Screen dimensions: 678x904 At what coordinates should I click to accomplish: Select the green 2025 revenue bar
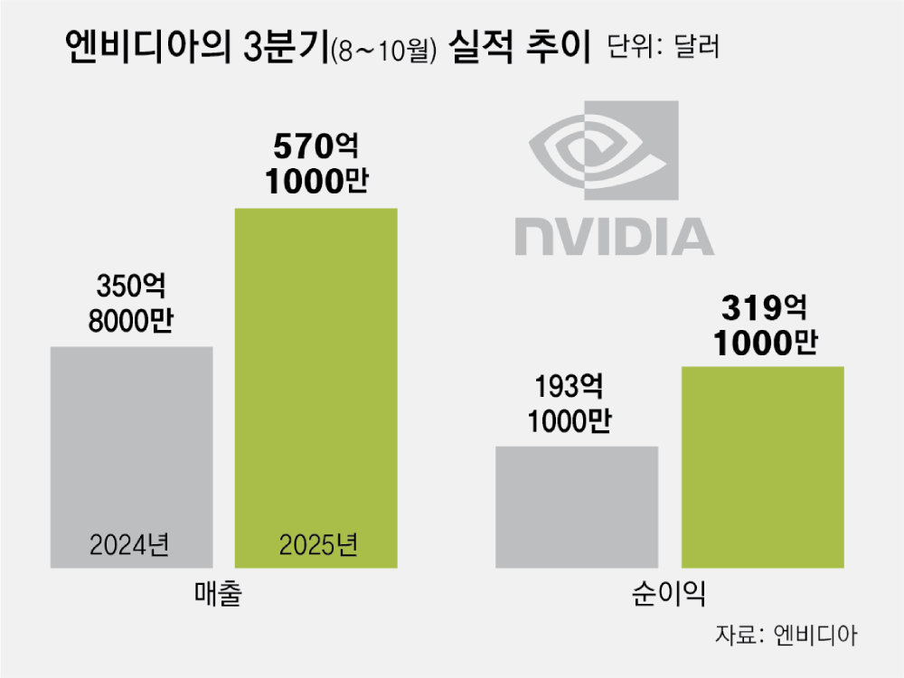(x=315, y=380)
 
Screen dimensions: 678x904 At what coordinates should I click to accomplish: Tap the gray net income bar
(x=577, y=506)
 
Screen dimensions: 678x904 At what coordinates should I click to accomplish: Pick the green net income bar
(x=761, y=466)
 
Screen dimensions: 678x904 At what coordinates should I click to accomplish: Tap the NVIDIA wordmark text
(x=615, y=235)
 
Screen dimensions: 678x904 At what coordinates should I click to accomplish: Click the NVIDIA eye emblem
(x=603, y=152)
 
